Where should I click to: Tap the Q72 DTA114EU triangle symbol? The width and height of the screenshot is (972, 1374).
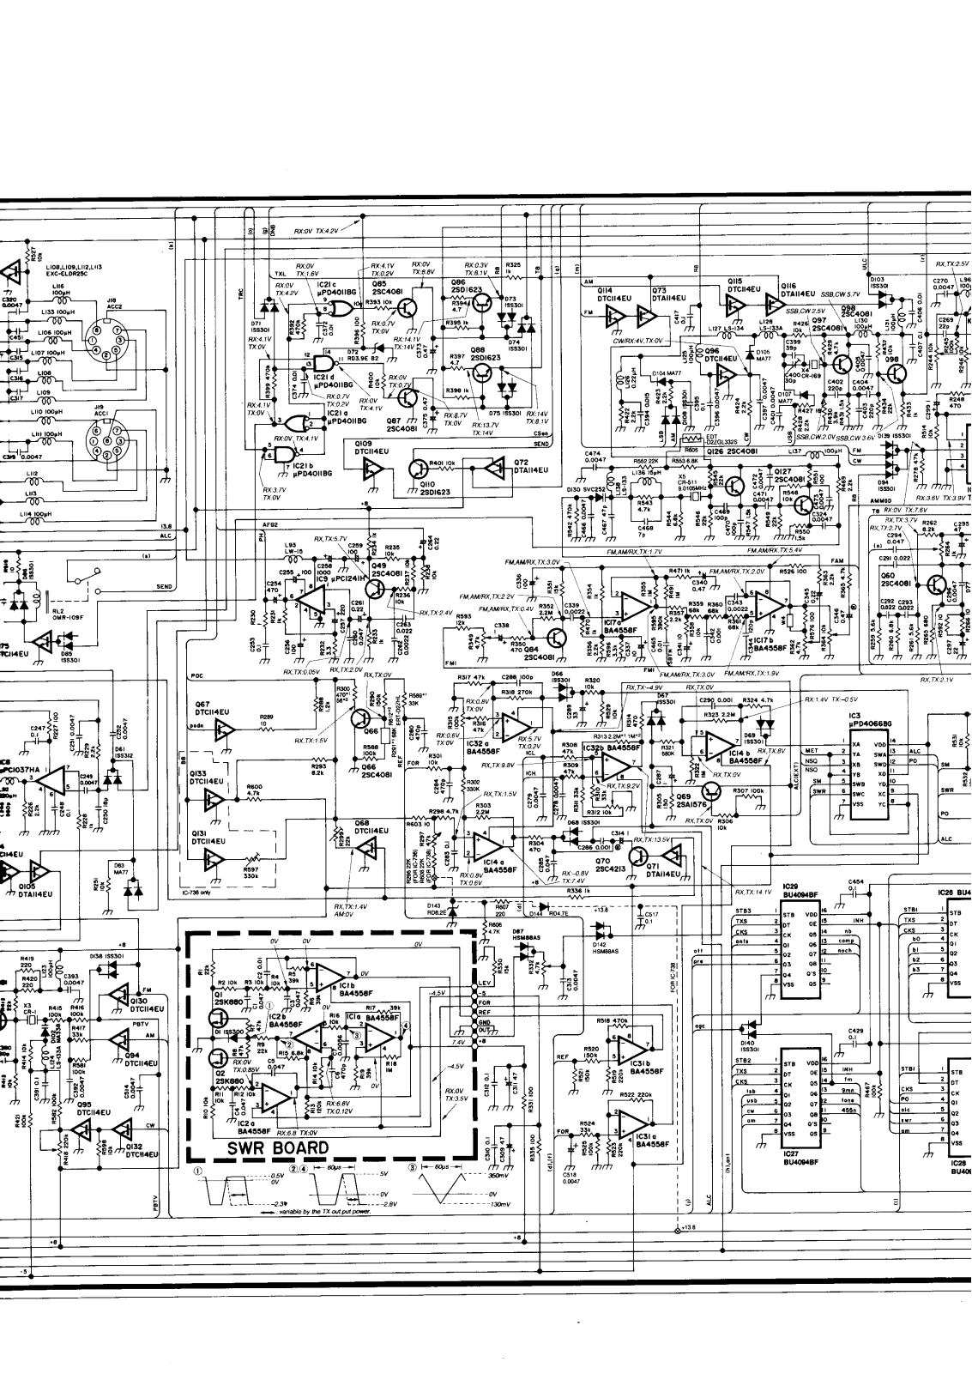494,468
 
